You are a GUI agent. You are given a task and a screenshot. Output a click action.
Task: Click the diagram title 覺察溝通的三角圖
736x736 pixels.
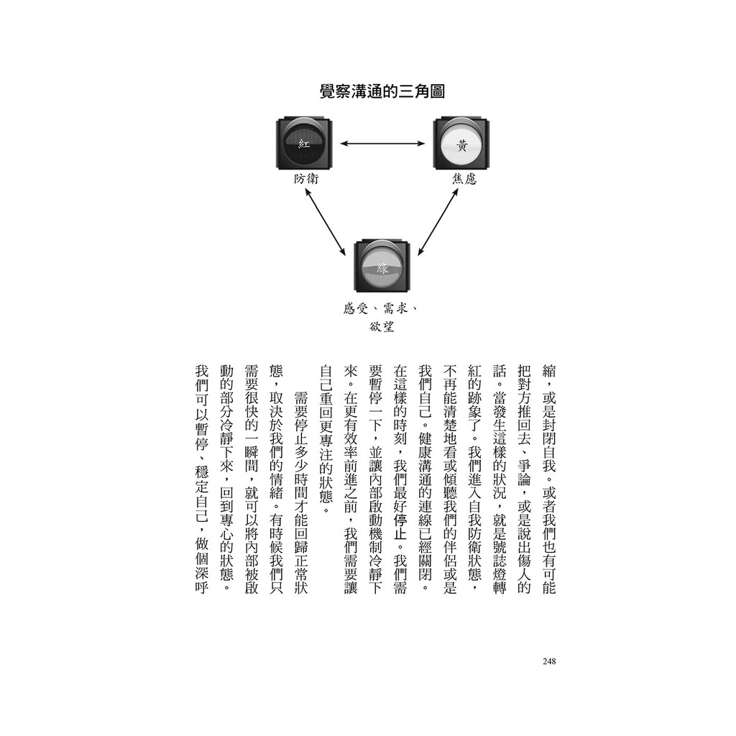coord(382,91)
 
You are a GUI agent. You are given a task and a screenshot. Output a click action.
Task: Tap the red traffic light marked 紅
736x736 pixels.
coord(305,144)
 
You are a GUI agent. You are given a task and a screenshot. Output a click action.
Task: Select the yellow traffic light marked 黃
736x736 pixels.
coord(461,144)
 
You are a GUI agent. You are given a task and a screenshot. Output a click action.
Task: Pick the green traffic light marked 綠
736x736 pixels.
coord(382,266)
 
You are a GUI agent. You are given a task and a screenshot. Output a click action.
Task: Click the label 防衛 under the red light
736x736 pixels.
coord(306,179)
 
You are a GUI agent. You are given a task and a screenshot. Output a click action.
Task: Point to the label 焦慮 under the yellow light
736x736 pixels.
coord(464,179)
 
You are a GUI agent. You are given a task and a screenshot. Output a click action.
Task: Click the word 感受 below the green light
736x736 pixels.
coord(355,308)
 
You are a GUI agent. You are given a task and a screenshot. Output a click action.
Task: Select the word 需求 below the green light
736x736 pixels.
coord(395,308)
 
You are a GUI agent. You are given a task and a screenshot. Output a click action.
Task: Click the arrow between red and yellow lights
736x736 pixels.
coord(382,143)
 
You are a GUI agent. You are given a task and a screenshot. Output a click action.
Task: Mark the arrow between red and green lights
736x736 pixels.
coord(326,222)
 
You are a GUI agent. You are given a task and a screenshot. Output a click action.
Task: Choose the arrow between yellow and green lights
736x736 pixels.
coord(438,222)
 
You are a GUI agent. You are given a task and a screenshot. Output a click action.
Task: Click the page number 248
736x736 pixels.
coord(548,661)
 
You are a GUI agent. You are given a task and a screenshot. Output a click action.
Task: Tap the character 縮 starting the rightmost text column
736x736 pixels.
coord(548,372)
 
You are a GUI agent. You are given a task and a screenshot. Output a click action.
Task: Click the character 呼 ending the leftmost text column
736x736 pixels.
coord(201,586)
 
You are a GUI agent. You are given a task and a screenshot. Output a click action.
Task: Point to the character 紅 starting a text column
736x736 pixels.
coord(474,372)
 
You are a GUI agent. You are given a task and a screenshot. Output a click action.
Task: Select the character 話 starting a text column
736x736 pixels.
coord(499,372)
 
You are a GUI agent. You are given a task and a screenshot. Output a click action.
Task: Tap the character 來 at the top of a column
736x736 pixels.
coord(350,372)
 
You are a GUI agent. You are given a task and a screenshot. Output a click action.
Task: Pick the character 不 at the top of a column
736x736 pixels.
coord(449,372)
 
